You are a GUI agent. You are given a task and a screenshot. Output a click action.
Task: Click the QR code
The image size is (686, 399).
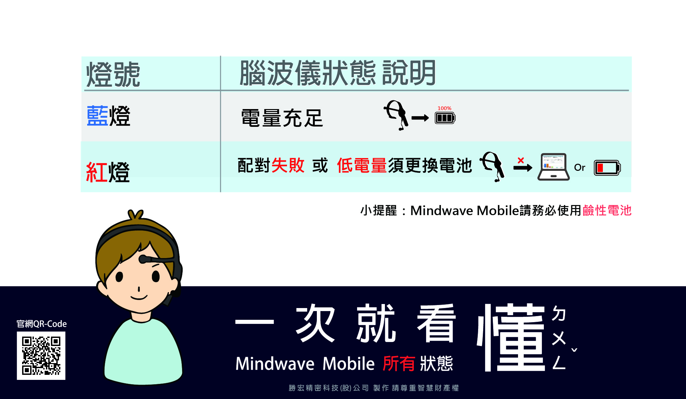pyautogui.click(x=41, y=356)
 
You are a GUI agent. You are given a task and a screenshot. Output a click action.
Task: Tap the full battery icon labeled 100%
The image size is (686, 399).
pyautogui.click(x=445, y=118)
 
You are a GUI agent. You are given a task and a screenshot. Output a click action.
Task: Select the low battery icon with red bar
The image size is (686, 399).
pyautogui.click(x=607, y=168)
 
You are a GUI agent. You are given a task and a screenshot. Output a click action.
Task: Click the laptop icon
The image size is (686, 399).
pyautogui.click(x=554, y=167)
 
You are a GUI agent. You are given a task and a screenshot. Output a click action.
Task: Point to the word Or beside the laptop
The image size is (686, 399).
pyautogui.click(x=579, y=167)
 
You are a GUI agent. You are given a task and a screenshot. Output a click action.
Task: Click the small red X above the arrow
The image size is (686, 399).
pyautogui.click(x=521, y=160)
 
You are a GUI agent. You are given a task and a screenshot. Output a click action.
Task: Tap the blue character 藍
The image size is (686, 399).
pyautogui.click(x=97, y=116)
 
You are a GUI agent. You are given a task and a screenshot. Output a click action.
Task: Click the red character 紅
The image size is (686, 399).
pyautogui.click(x=97, y=172)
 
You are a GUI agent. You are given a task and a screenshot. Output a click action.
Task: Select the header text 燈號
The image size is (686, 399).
pyautogui.click(x=113, y=74)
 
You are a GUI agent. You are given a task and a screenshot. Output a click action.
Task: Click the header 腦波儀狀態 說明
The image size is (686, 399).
pyautogui.click(x=338, y=73)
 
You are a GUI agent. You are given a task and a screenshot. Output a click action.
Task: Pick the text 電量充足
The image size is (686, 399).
pyautogui.click(x=282, y=118)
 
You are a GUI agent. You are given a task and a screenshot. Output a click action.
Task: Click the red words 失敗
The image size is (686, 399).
pyautogui.click(x=288, y=165)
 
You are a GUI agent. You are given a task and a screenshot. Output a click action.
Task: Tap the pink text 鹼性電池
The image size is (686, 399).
pyautogui.click(x=607, y=211)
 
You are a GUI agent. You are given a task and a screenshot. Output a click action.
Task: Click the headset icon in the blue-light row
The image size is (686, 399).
pyautogui.click(x=396, y=114)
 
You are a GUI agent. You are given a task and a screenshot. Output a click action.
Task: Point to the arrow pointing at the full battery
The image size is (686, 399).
pyautogui.click(x=420, y=118)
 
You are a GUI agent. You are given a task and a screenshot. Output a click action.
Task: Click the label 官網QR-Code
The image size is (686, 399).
pyautogui.click(x=42, y=324)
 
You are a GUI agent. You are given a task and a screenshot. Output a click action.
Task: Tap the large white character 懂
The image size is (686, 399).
pyautogui.click(x=511, y=337)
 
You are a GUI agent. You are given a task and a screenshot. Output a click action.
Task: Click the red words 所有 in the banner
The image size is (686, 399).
pyautogui.click(x=399, y=363)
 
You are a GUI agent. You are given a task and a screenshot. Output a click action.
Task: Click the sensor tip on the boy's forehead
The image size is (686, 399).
pyautogui.click(x=143, y=259)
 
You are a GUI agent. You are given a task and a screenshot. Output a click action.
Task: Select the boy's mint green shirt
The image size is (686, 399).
pyautogui.click(x=143, y=351)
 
